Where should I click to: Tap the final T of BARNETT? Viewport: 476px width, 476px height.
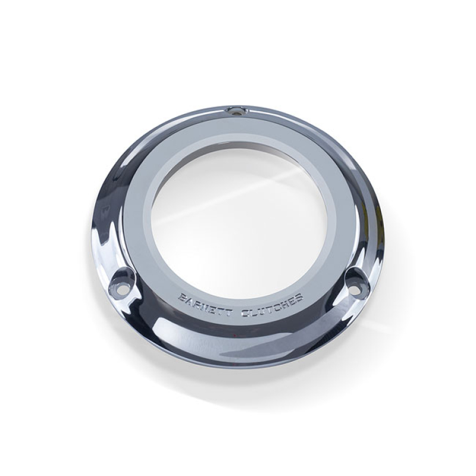click(228, 312)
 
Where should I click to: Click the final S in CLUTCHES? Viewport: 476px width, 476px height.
click(299, 297)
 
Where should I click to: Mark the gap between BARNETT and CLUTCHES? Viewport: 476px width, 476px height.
click(236, 313)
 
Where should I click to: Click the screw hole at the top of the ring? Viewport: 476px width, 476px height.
click(237, 111)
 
